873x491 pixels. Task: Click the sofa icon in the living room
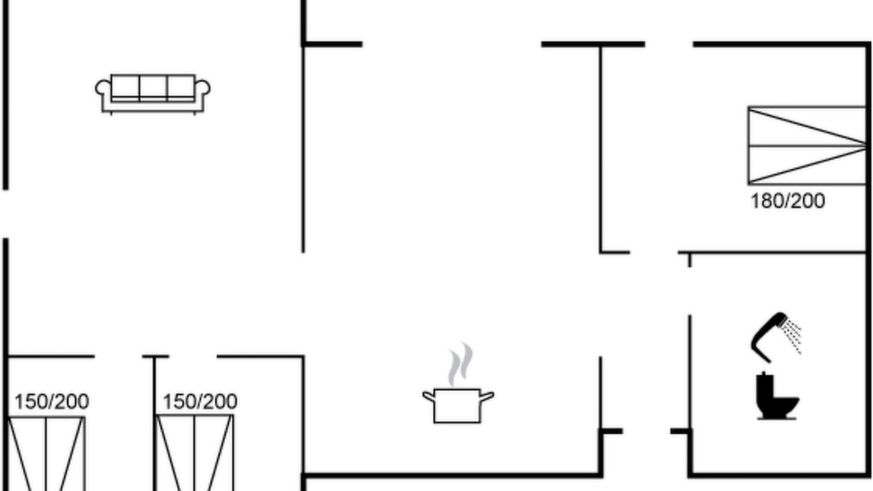[153, 94]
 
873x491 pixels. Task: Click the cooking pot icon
[458, 405]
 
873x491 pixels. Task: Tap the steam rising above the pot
[460, 364]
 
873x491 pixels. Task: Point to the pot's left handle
[428, 396]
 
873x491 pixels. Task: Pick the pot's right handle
[488, 396]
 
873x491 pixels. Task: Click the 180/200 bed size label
[788, 201]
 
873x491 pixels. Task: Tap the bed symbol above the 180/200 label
[806, 146]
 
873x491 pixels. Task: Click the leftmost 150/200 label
[52, 402]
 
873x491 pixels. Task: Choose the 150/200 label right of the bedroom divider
[200, 402]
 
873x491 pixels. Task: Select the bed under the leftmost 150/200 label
[46, 453]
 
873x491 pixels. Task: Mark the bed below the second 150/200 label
[194, 453]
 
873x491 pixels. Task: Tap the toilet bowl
[784, 405]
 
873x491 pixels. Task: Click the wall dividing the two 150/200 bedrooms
[154, 423]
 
